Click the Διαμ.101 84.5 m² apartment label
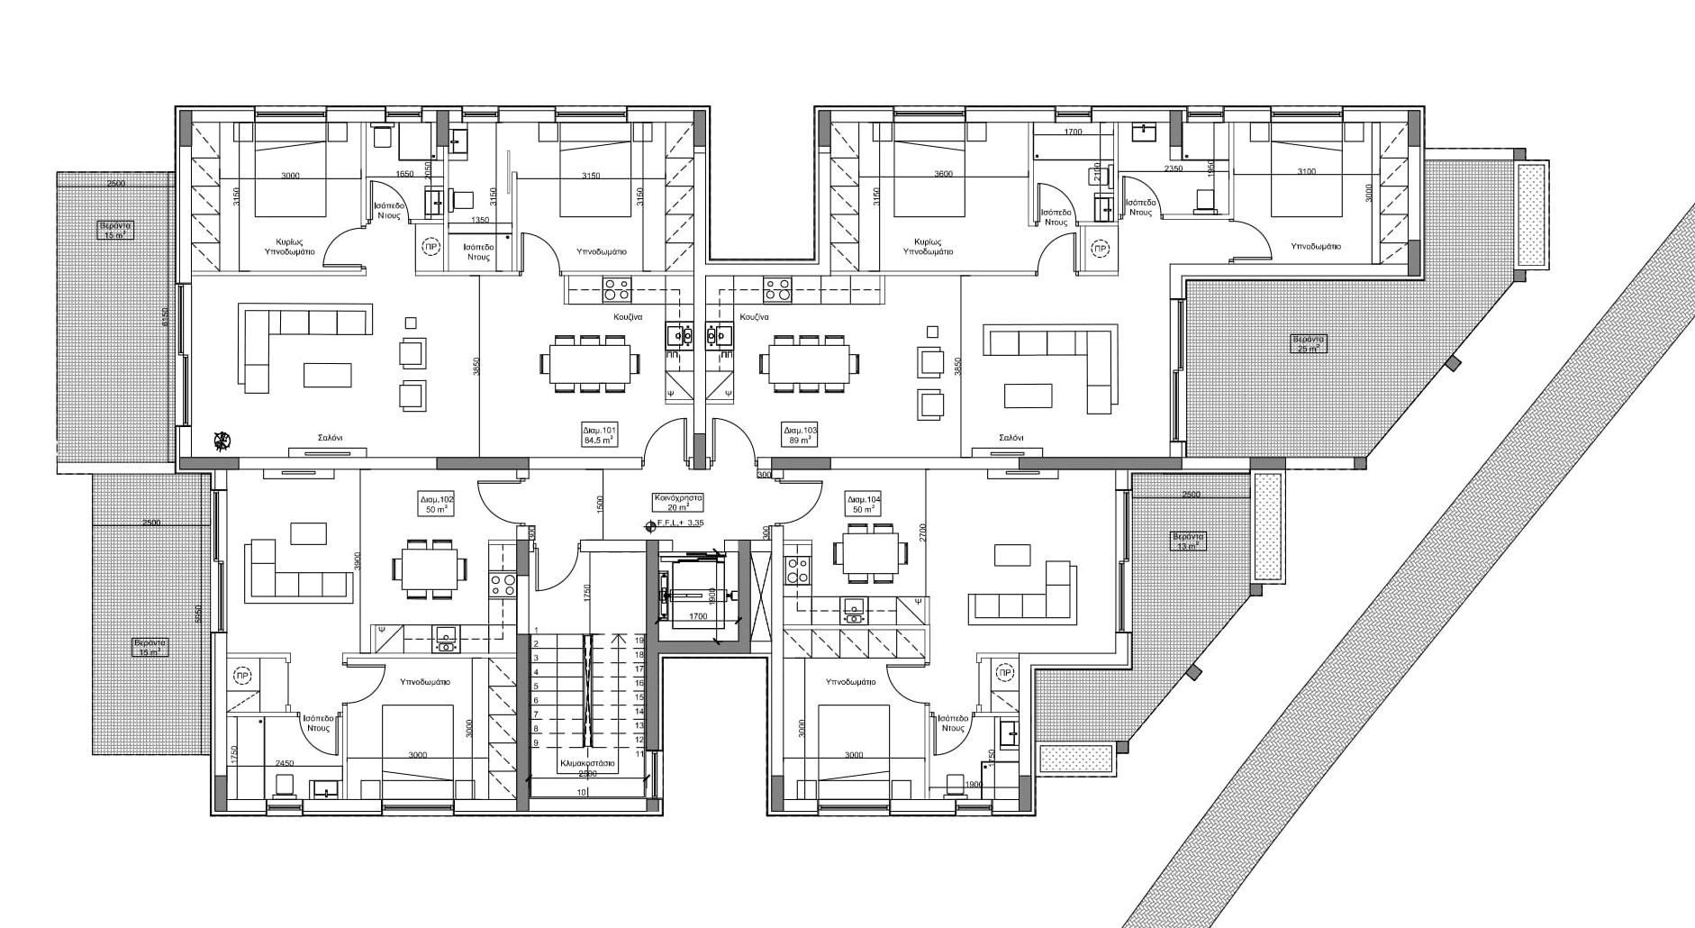tap(600, 436)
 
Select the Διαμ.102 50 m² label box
tap(436, 504)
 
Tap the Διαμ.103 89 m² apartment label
tap(801, 436)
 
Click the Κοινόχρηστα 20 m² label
tap(678, 502)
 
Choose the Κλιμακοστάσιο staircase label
tap(587, 762)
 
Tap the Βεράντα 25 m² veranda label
tap(1309, 343)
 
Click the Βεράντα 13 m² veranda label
tap(1187, 541)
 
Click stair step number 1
tap(536, 631)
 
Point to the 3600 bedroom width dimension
tap(943, 175)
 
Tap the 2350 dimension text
tap(1173, 169)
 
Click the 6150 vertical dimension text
tap(165, 317)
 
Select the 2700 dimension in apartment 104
tap(922, 532)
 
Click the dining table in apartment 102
tap(429, 569)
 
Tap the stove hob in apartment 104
tap(797, 569)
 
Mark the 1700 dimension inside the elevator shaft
tap(698, 617)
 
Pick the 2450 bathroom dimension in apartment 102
tap(285, 763)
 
